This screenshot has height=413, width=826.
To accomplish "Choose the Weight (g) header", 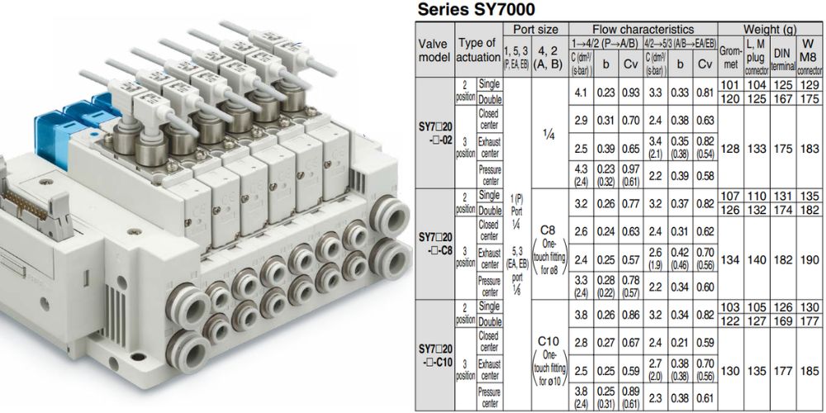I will tap(768, 29).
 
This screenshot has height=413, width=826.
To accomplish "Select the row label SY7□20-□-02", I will tap(434, 135).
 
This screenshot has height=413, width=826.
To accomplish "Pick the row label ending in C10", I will tap(434, 355).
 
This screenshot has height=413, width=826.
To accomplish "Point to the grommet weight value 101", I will tap(729, 85).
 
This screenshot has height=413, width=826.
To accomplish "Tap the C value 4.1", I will tap(581, 93).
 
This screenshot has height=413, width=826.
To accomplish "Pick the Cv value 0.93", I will tap(631, 93).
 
